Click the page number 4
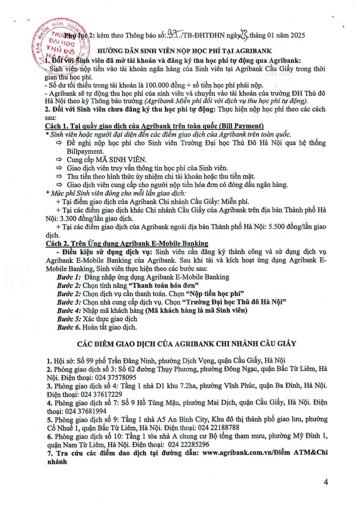click(x=326, y=482)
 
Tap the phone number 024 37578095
click(x=116, y=377)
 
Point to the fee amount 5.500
click(x=278, y=227)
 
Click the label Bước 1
click(x=69, y=277)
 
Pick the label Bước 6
click(x=69, y=327)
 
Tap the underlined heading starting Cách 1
click(x=154, y=126)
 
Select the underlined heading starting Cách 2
click(x=127, y=244)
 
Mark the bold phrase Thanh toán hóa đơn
click(x=164, y=286)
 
